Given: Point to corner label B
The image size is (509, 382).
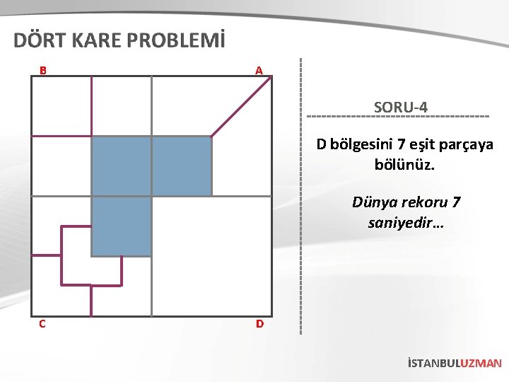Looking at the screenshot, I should click(43, 71).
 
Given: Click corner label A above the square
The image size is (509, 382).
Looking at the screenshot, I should click(259, 71).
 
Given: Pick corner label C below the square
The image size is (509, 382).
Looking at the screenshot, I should click(43, 324).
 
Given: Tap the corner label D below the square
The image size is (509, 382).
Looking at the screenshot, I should click(259, 324).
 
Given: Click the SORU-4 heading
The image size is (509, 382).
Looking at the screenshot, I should click(400, 108).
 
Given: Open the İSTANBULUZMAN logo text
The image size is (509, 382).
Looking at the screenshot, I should click(455, 364).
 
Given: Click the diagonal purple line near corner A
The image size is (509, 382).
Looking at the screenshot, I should click(241, 106).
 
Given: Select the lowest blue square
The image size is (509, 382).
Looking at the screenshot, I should click(122, 226).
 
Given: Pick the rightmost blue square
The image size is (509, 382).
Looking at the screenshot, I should click(182, 166).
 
